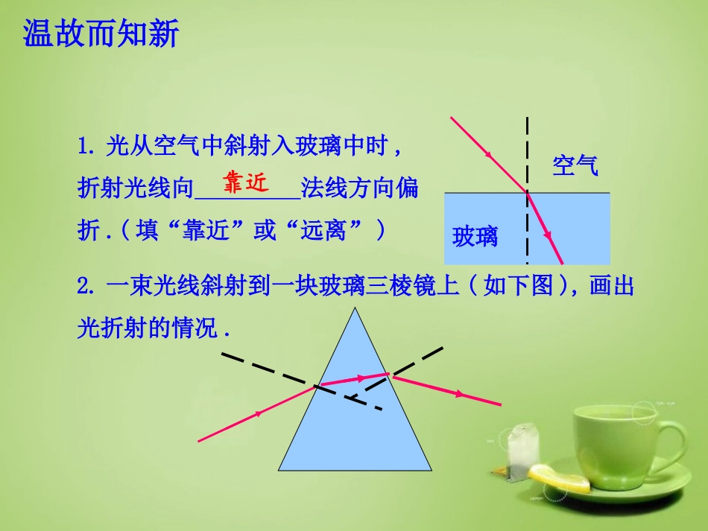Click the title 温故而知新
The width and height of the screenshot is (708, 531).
point(101,34)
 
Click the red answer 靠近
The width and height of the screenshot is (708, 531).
point(244,183)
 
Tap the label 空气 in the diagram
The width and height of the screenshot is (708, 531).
point(575,165)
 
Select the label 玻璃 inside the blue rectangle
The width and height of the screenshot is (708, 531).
point(475,238)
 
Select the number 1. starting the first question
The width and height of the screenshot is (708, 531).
point(86,146)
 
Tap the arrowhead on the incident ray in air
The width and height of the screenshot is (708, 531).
point(489,154)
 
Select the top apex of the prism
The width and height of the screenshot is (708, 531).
point(355,311)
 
